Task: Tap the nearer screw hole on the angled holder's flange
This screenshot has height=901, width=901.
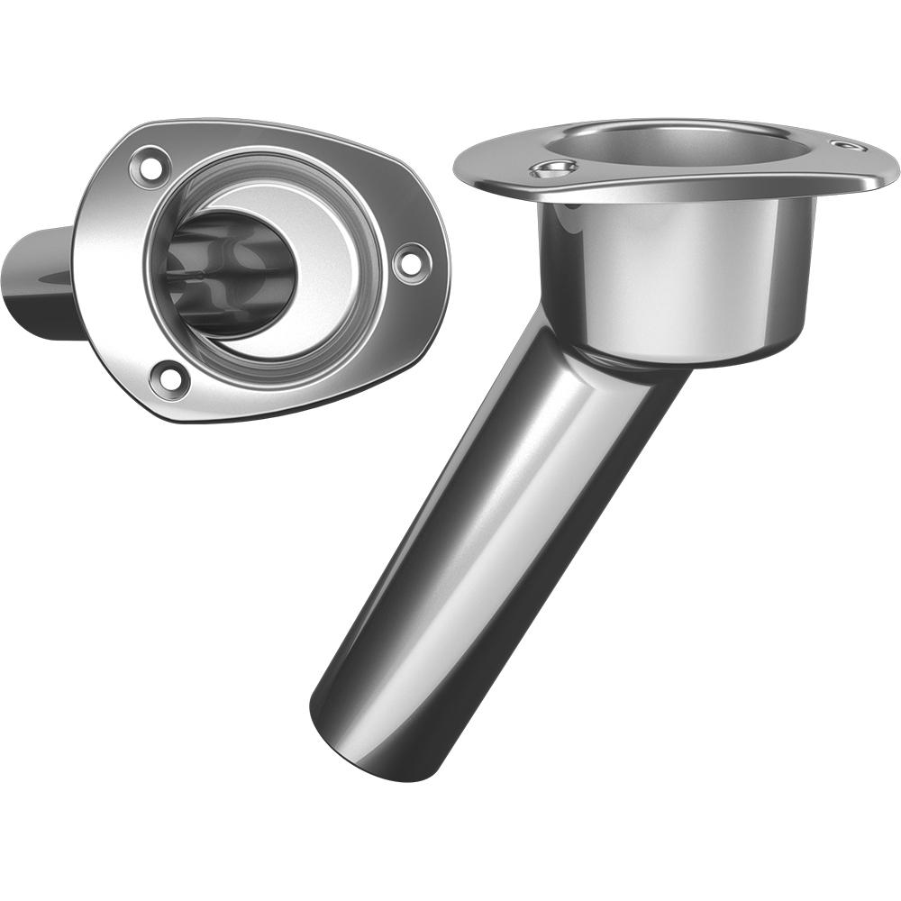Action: (x=551, y=168)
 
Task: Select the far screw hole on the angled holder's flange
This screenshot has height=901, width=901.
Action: (x=847, y=145)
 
